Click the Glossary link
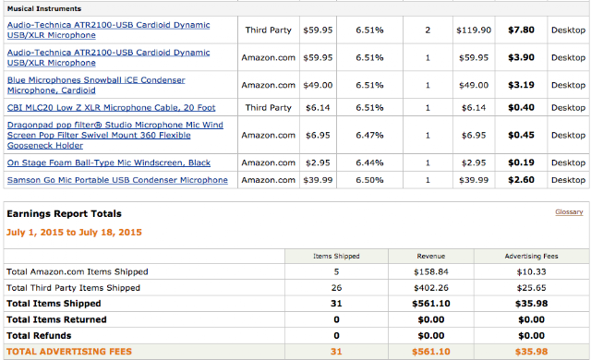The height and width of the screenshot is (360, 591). click(569, 212)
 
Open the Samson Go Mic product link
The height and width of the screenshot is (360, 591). click(117, 180)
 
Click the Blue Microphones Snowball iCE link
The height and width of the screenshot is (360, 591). click(96, 85)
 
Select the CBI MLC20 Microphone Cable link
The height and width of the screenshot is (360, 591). click(111, 108)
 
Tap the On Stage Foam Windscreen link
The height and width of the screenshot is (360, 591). click(109, 162)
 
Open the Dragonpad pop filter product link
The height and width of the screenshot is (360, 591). click(115, 135)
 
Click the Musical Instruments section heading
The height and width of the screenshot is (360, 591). click(44, 8)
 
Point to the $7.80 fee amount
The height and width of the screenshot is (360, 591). click(521, 30)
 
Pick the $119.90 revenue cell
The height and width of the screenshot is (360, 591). click(474, 30)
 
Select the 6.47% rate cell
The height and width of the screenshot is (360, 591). click(369, 135)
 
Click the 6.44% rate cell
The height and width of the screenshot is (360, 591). click(369, 162)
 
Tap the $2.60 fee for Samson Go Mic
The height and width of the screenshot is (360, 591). click(521, 180)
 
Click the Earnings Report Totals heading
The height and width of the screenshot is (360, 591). click(64, 214)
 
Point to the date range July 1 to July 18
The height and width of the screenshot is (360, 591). click(74, 233)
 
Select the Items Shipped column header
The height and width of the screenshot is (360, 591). click(336, 256)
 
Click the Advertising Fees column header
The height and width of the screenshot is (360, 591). click(532, 256)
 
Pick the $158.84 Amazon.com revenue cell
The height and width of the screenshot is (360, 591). click(431, 272)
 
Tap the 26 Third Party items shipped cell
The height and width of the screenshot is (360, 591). click(336, 288)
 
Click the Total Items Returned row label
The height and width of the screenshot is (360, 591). click(56, 319)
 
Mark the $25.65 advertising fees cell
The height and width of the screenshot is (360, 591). click(532, 288)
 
